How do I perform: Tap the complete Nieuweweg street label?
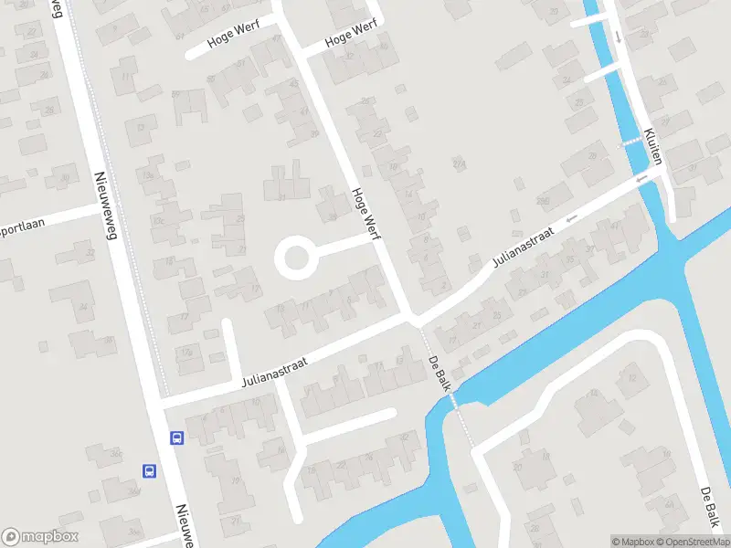(107, 206)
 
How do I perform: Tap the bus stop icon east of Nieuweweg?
(176, 437)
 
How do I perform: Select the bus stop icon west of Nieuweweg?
(148, 471)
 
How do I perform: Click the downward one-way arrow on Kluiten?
(620, 37)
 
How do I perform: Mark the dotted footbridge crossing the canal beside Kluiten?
(630, 143)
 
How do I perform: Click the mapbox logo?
(40, 536)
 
